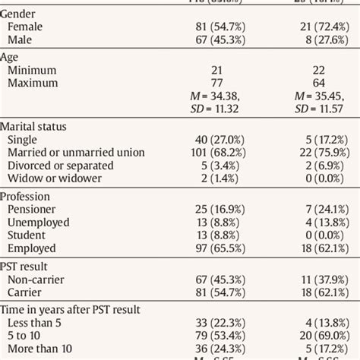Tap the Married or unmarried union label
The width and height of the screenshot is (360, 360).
[75, 152]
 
